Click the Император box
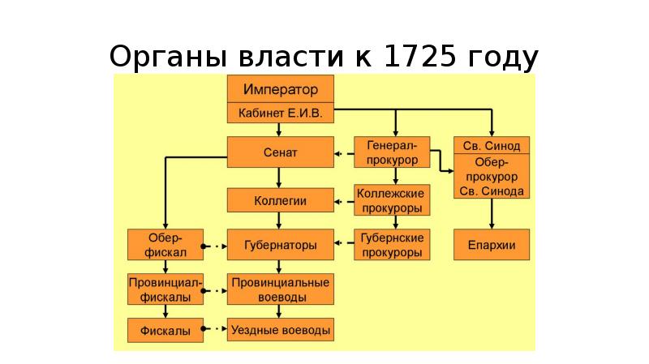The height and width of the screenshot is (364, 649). click(280, 88)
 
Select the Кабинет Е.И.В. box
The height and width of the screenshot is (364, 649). click(280, 113)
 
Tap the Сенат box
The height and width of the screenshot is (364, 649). click(280, 152)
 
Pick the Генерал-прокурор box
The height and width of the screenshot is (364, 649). click(393, 152)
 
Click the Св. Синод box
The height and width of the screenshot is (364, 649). click(492, 145)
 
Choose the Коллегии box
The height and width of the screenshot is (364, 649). click(280, 200)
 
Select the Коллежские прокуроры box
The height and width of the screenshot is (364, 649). click(393, 200)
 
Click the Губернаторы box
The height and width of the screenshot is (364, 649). click(280, 244)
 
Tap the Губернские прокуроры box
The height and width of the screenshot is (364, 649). click(393, 244)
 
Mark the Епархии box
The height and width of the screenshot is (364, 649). click(492, 244)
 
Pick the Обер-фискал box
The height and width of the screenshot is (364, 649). click(164, 244)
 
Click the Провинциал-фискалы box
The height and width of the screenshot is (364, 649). click(164, 289)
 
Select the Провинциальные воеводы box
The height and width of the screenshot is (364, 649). click(280, 289)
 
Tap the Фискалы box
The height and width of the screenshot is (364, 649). click(164, 330)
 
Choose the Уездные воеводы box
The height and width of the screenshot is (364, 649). click(280, 330)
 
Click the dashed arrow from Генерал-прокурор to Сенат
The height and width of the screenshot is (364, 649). click(344, 152)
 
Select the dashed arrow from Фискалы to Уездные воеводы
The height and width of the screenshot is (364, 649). click(213, 330)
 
